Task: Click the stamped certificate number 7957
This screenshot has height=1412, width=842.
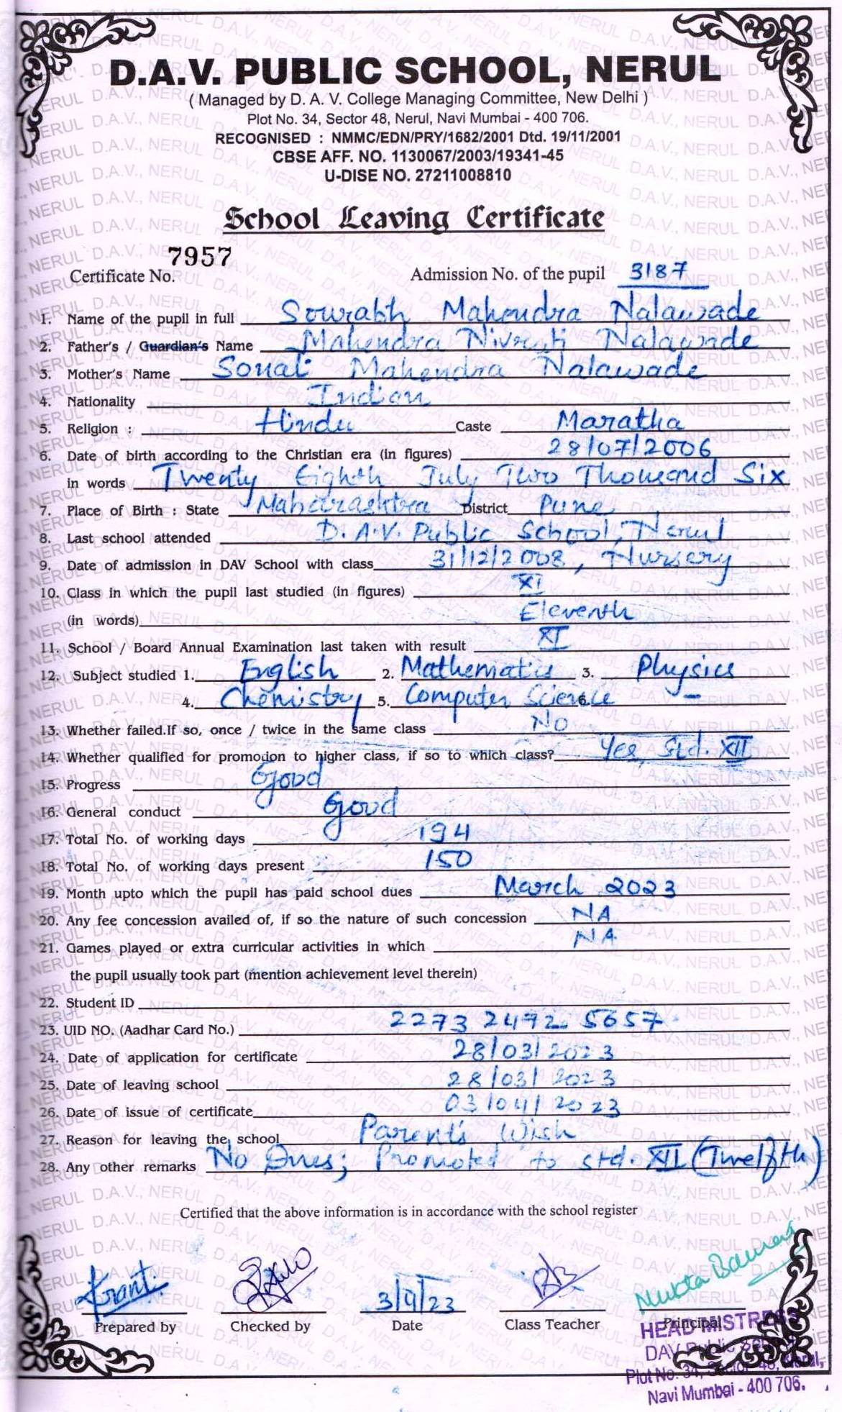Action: pos(200,257)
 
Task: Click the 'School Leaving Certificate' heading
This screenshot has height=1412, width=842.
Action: pos(413,218)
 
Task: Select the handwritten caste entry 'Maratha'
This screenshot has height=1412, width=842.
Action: pos(619,420)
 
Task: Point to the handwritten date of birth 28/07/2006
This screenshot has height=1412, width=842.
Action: pos(629,447)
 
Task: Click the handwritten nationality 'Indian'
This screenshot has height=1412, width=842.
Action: pos(369,395)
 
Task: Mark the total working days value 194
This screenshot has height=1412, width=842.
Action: pos(444,833)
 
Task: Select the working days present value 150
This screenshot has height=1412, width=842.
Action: pos(447,860)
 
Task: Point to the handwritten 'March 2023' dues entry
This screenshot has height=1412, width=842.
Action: pos(585,887)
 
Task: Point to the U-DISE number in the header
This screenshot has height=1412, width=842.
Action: pos(418,175)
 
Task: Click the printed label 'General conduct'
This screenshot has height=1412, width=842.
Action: pos(123,812)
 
